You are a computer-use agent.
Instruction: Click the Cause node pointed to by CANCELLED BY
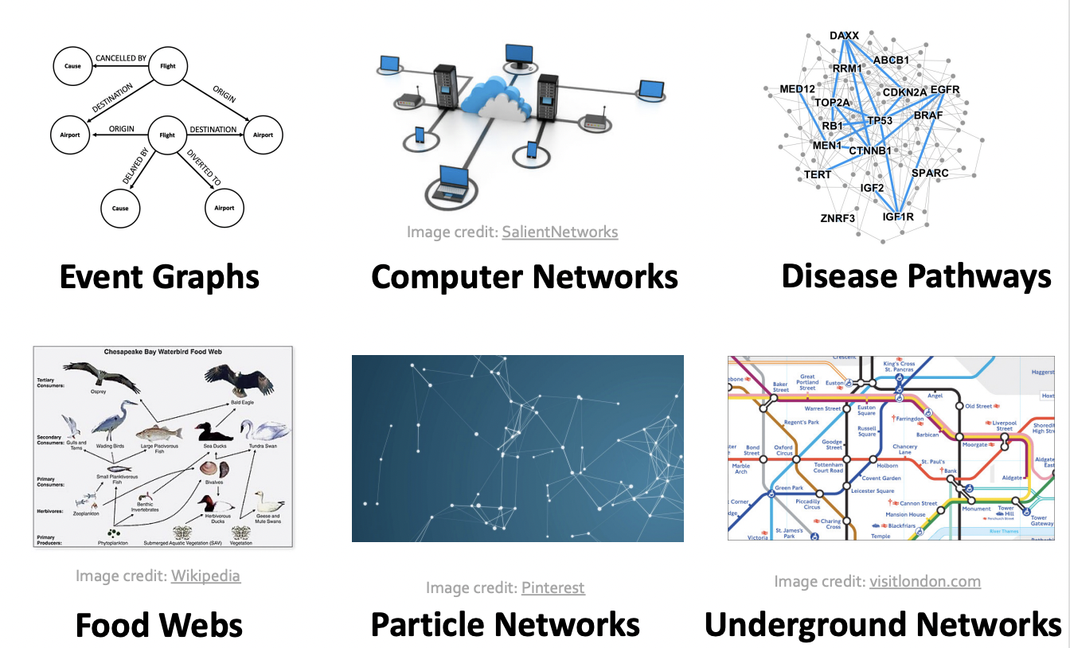[x=73, y=66]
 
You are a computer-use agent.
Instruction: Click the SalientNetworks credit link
[x=560, y=232]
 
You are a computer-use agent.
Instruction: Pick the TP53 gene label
[x=880, y=121]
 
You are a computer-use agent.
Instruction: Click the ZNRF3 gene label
[x=837, y=217]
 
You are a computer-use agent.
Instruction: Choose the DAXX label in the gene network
[x=844, y=37]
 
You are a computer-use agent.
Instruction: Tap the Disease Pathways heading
[x=916, y=276]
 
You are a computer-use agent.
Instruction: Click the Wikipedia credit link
[x=205, y=575]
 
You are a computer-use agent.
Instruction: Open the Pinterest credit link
[x=553, y=587]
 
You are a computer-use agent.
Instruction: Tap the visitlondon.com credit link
[x=924, y=581]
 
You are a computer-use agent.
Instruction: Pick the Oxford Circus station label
[x=783, y=451]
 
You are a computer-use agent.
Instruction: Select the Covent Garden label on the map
[x=881, y=478]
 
